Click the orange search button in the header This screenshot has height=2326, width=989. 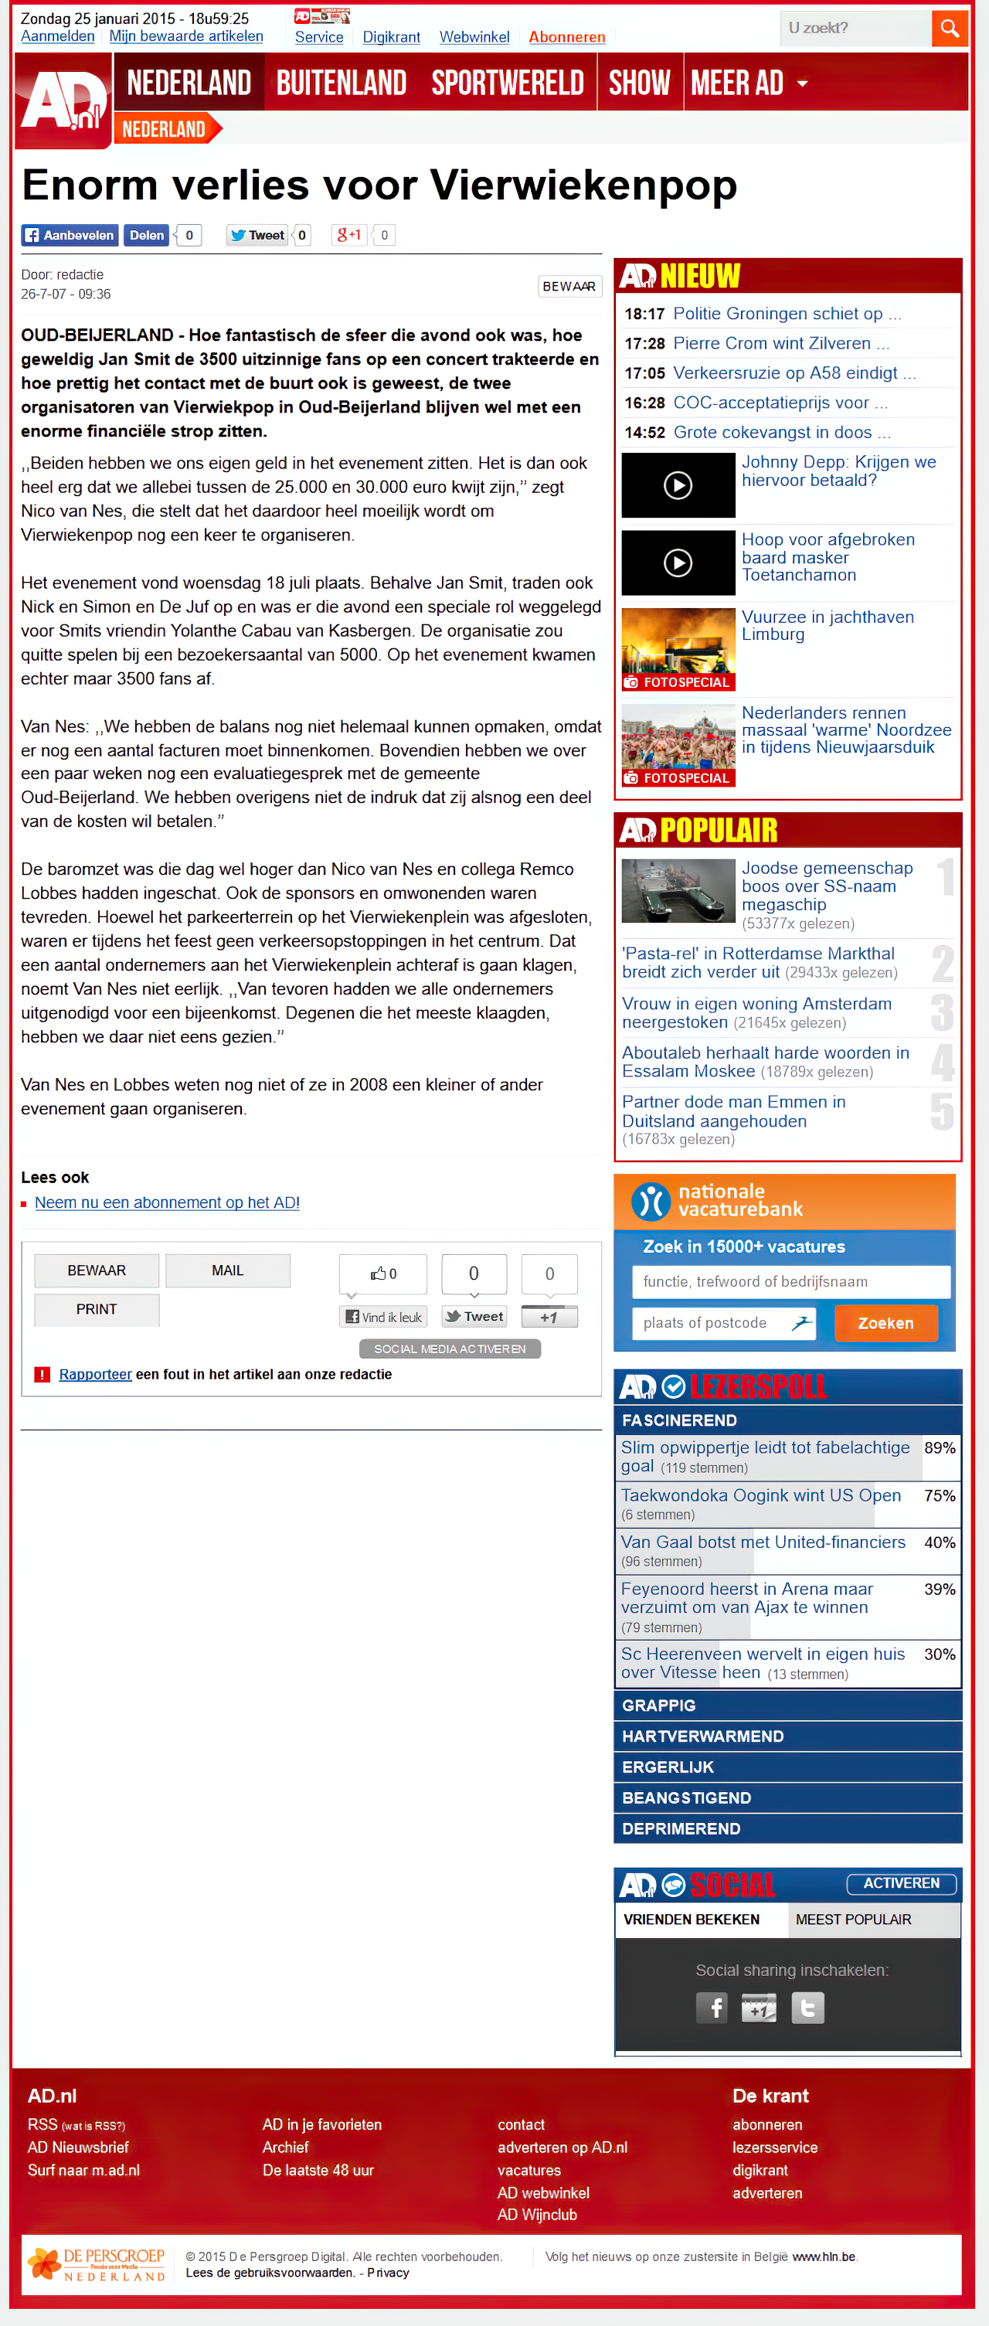948,29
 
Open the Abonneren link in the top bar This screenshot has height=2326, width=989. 566,37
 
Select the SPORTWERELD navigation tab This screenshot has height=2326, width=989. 507,83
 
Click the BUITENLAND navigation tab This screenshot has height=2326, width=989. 342,83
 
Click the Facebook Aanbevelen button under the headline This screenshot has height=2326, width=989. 70,236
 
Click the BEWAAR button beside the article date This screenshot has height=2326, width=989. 568,286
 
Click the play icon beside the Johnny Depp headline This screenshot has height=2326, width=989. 678,486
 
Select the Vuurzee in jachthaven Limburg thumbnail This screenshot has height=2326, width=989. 678,649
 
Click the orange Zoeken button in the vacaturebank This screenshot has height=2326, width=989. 885,1323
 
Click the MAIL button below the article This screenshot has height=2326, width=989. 228,1270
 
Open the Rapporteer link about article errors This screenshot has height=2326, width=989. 95,1374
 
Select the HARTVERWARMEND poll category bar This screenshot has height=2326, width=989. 787,1736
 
